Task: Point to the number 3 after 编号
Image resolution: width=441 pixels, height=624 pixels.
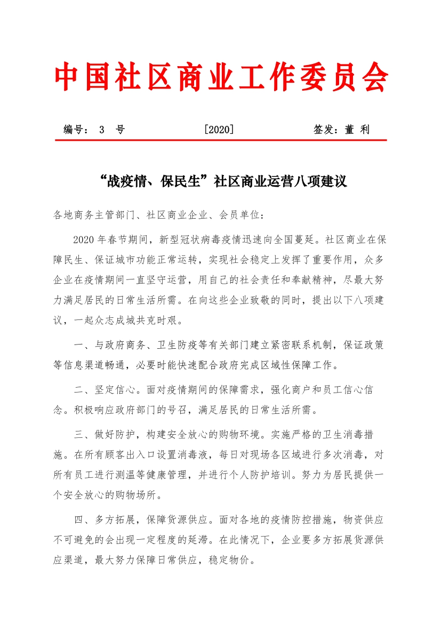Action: [102, 130]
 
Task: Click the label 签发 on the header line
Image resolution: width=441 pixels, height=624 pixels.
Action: [325, 130]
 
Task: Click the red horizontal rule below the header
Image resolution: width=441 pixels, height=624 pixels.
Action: [221, 140]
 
